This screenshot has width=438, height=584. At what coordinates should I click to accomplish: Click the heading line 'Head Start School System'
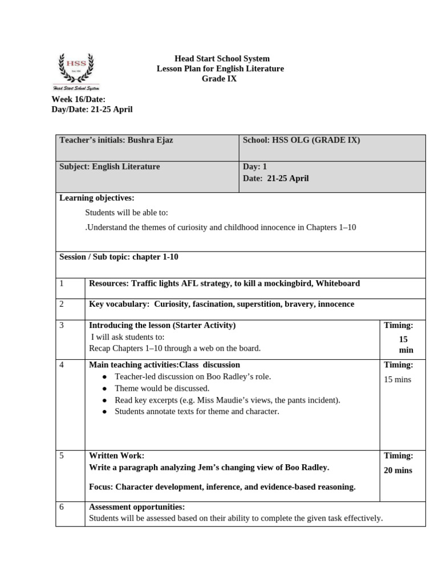(x=222, y=59)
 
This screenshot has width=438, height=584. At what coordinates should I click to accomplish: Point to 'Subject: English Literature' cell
(x=109, y=167)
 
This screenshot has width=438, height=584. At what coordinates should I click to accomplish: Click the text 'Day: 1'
(x=255, y=167)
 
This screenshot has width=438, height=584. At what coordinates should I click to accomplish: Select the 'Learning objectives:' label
(x=96, y=198)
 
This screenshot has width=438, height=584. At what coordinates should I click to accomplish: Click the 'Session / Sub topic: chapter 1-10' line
(x=119, y=257)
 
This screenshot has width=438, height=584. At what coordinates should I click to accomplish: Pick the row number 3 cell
(x=62, y=325)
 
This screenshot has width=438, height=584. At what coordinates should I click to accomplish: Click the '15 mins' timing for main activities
(x=397, y=379)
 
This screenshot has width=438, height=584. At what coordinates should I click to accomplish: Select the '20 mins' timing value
(x=398, y=471)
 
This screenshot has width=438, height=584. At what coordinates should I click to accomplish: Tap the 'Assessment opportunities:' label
(x=137, y=507)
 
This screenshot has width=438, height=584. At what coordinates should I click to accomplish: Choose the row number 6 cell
(x=62, y=507)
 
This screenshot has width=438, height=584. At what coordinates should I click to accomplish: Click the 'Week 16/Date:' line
(x=79, y=99)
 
